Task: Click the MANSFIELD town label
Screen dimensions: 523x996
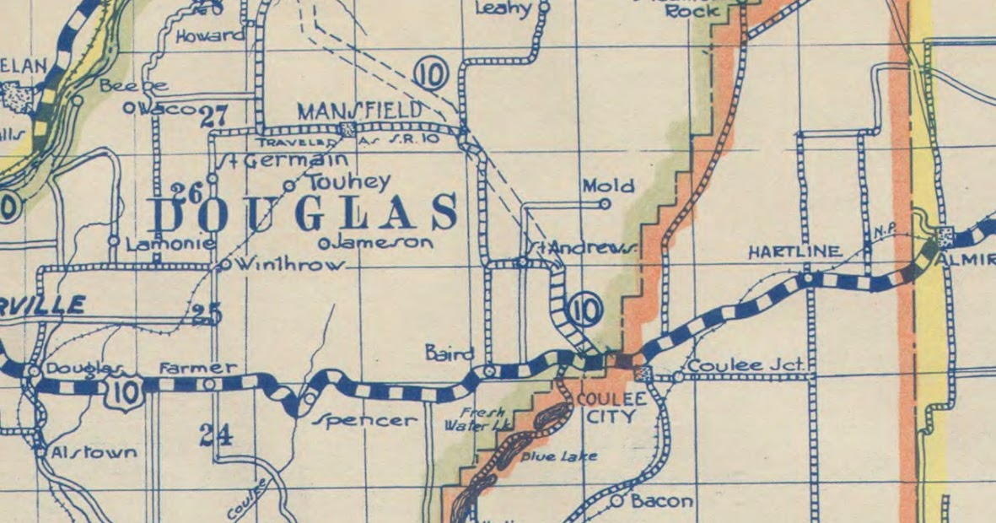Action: coord(360,111)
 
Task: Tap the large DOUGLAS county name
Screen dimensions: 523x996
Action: coord(304,213)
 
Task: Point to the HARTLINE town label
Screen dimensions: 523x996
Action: coord(794,251)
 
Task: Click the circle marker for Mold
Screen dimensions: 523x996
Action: coord(605,203)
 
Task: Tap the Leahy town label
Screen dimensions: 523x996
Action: coord(503,9)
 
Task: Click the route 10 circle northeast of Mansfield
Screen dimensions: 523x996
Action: coord(431,75)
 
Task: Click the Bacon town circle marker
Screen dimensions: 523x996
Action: coord(617,501)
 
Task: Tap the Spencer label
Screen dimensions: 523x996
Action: coord(365,419)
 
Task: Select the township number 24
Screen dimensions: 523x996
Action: coord(216,435)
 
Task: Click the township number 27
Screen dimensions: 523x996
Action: coord(215,116)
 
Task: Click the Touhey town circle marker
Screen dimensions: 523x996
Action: coord(289,186)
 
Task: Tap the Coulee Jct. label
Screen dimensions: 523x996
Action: coord(747,366)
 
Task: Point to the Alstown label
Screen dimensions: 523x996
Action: coord(93,453)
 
